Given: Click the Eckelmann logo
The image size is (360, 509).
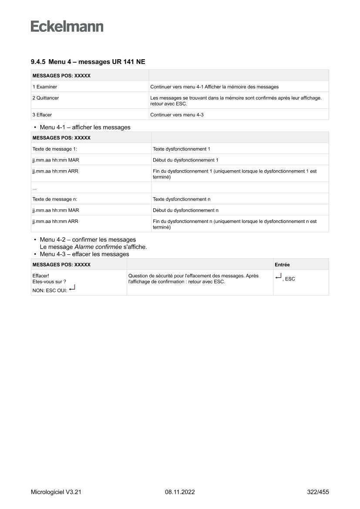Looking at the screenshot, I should (x=67, y=27).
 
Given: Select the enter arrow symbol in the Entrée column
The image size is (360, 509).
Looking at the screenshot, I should (x=279, y=276).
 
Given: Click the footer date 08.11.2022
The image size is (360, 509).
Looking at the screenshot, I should (x=180, y=492).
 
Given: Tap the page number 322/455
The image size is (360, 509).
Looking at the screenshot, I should (x=318, y=492).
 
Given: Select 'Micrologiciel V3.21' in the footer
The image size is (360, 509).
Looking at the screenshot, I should (x=56, y=492).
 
